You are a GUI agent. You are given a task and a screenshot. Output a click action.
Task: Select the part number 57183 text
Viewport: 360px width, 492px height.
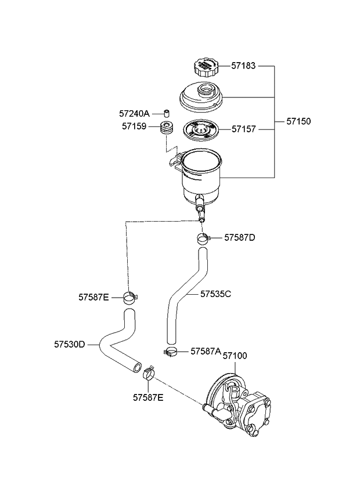(x=244, y=66)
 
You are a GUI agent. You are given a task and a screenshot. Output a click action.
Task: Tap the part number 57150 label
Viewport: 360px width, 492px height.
(x=298, y=122)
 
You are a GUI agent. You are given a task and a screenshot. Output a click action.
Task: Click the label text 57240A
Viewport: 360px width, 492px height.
(x=134, y=113)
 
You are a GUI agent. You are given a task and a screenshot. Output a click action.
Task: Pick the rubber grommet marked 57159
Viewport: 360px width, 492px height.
(x=167, y=128)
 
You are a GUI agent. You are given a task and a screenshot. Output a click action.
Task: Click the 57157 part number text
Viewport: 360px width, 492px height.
(x=244, y=129)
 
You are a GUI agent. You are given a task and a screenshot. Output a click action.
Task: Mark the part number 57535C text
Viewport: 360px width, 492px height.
(x=216, y=294)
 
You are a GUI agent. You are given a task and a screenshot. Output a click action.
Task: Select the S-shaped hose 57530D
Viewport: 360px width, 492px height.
(x=116, y=342)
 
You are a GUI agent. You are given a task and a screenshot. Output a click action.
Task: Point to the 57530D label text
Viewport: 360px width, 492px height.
(x=70, y=344)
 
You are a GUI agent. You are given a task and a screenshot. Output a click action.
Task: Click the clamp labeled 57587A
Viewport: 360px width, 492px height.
(x=171, y=351)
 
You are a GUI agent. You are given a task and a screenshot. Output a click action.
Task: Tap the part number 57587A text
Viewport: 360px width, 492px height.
(x=206, y=352)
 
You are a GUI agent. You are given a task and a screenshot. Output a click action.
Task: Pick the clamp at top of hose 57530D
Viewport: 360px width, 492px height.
(x=131, y=298)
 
